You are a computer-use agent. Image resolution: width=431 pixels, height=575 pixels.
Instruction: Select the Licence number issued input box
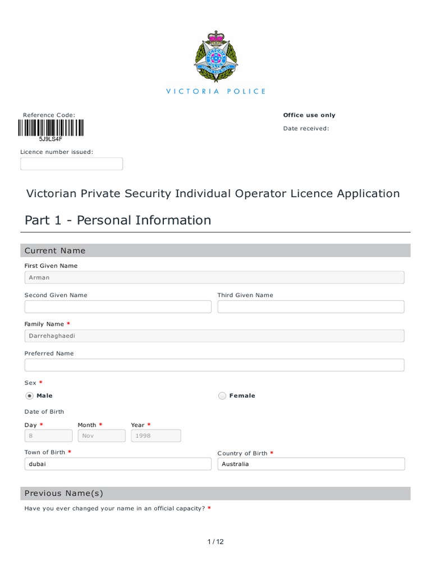(x=71, y=164)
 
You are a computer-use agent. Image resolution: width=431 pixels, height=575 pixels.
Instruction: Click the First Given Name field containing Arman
(x=214, y=277)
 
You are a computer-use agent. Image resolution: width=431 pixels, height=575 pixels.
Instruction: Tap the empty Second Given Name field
(x=118, y=307)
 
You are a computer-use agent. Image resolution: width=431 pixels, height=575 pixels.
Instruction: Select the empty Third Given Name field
(x=311, y=307)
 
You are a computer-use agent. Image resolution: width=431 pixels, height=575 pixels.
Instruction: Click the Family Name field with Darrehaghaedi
(x=214, y=336)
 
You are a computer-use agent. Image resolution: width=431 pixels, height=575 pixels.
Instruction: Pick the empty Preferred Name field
(x=214, y=365)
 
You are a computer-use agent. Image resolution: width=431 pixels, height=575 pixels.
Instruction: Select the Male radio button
(x=30, y=396)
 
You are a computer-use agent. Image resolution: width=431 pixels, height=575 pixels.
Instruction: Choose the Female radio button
(x=222, y=396)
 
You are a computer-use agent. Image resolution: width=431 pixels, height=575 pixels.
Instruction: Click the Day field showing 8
(x=48, y=436)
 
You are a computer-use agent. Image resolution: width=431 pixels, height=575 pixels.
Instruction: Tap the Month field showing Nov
(x=102, y=436)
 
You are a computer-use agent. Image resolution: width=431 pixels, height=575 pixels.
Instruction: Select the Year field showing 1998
(x=156, y=436)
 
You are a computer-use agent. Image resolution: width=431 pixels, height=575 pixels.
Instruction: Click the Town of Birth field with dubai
(x=118, y=464)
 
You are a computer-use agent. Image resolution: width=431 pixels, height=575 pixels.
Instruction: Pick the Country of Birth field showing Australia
(x=311, y=464)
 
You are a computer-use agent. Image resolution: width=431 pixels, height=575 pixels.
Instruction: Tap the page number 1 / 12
(x=215, y=542)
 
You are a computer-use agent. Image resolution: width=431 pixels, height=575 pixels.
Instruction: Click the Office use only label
(x=309, y=115)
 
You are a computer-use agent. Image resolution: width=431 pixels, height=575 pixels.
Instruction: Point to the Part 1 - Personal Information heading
(x=118, y=220)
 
